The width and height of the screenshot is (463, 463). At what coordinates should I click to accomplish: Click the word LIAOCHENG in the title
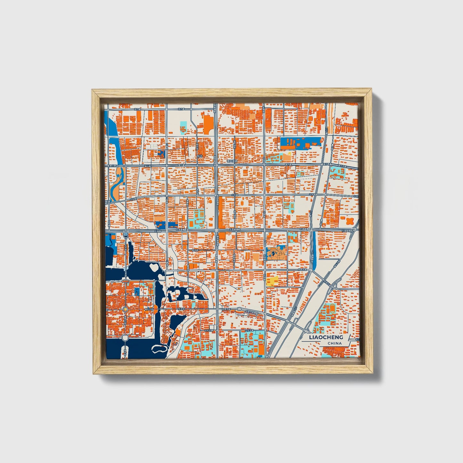click(326, 337)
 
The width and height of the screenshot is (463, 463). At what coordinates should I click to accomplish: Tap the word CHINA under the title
click(334, 343)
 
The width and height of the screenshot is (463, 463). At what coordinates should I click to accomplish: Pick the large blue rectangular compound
click(301, 143)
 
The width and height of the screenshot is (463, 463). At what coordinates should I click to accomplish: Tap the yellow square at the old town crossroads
click(126, 309)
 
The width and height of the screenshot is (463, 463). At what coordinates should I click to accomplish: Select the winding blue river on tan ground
click(115, 183)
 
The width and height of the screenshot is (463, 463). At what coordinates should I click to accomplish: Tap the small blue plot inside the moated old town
click(137, 291)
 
